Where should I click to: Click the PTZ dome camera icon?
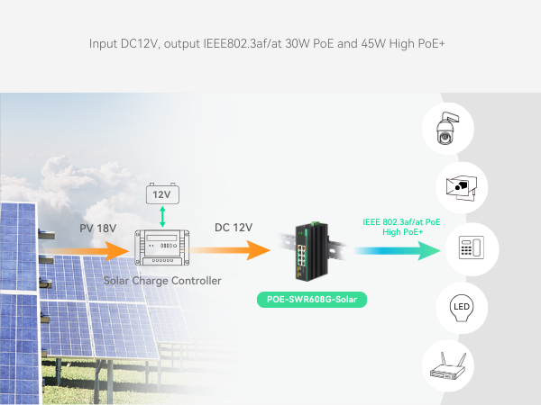click(447, 130)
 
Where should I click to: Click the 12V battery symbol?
click(162, 193)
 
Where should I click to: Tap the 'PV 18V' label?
click(97, 229)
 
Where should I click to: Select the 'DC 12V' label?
click(234, 229)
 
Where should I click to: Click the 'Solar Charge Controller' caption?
click(162, 281)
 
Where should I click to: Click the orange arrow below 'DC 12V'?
click(236, 247)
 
